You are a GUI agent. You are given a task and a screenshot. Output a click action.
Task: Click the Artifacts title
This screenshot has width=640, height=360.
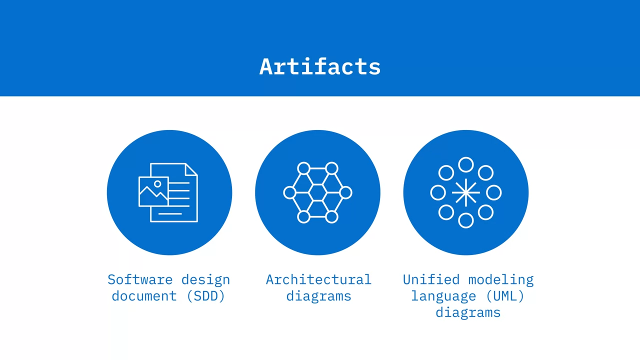320,67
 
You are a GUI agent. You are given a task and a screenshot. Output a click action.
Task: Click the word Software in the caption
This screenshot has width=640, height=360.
140,279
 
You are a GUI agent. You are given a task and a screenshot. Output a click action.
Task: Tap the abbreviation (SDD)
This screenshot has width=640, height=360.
205,296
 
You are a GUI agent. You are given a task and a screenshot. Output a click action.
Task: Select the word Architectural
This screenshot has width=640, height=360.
318,279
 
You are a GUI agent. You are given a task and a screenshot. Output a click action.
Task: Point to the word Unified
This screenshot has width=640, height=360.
431,279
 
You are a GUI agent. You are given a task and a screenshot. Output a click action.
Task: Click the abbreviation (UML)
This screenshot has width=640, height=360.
505,296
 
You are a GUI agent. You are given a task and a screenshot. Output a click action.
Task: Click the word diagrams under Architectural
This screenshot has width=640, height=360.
318,296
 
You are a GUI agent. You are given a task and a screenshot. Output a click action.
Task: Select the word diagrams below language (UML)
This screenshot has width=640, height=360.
468,313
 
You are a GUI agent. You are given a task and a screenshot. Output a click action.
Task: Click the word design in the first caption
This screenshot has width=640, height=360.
205,280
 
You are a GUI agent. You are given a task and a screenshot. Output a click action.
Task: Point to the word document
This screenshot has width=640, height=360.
144,296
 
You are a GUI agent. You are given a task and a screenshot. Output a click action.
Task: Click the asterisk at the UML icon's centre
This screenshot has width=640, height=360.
465,192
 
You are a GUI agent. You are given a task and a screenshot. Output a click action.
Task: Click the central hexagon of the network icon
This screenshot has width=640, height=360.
317,193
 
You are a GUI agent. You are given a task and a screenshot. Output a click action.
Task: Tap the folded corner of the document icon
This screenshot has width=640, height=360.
191,169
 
